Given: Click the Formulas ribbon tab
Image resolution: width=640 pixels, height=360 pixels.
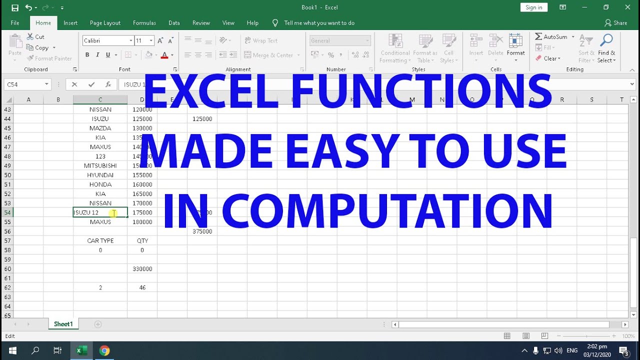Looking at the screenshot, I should point(144,23).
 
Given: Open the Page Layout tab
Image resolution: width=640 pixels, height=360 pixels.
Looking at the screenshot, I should point(105,23).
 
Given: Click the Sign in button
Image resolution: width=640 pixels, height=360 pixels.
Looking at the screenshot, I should point(533,7).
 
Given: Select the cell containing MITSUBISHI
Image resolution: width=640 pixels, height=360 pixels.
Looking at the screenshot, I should point(100,165).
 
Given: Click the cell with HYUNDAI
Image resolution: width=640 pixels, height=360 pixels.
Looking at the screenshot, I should point(100,175).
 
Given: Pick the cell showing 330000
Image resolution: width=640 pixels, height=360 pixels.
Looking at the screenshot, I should point(142,269).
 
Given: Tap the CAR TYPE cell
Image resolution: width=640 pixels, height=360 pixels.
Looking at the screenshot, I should point(100,240).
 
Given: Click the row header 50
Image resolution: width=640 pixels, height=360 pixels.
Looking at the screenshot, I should point(7,175).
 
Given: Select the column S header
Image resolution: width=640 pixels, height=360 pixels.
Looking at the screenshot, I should point(591,100).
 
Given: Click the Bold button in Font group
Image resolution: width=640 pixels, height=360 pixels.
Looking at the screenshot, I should point(87,55).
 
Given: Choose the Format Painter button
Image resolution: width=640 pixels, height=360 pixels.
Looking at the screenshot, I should point(49,58).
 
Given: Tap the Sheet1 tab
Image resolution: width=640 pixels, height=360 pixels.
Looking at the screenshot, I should point(63,324).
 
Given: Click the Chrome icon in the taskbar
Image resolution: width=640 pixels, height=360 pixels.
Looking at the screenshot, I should point(104,350).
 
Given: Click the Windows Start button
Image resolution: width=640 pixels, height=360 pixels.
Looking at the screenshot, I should point(12,350).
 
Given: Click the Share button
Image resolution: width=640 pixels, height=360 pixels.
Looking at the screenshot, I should point(615,23).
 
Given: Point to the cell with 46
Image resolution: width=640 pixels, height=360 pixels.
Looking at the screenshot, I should point(142,287).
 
